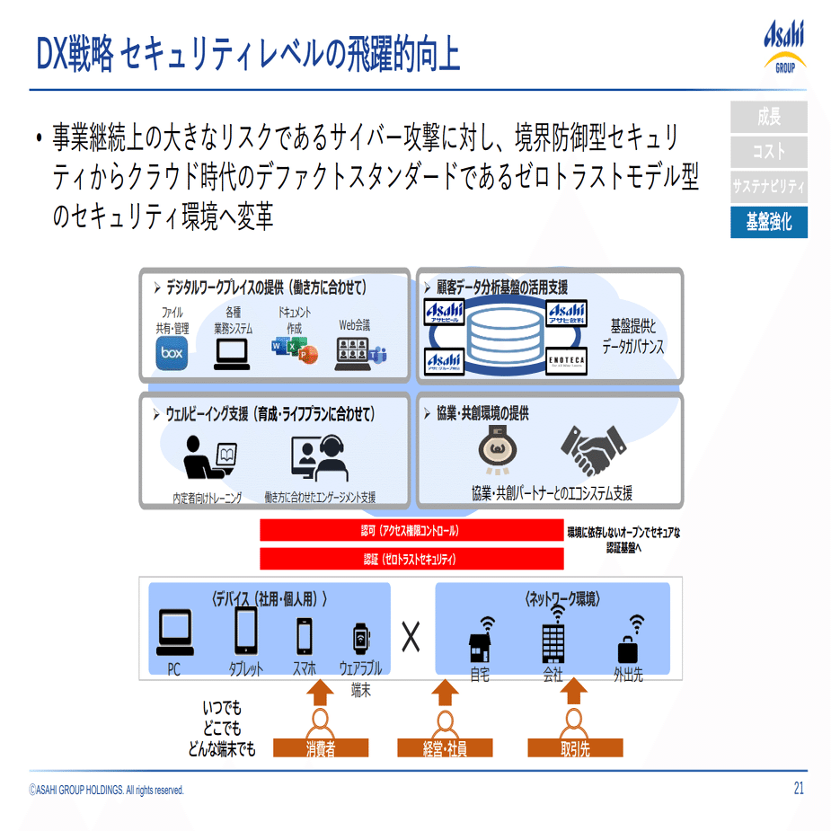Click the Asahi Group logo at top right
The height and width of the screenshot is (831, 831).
pos(784,47)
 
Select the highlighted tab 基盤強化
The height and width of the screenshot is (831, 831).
pos(768,222)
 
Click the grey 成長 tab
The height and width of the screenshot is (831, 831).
pos(768,116)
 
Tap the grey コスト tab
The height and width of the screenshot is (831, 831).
pos(768,151)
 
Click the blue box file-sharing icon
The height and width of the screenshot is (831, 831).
pos(171,353)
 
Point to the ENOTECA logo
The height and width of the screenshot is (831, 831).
pos(567,360)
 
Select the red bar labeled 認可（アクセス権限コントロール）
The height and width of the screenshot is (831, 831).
pos(411,531)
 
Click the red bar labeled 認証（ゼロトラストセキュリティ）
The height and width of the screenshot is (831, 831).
pos(411,559)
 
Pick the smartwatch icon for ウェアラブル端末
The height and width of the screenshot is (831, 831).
pos(361,638)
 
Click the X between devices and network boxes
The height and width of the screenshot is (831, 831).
pos(411,637)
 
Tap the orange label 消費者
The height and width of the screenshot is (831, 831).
pos(321,747)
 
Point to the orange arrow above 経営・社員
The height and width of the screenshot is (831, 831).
pos(445,693)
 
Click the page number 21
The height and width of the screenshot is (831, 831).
pos(798,789)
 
